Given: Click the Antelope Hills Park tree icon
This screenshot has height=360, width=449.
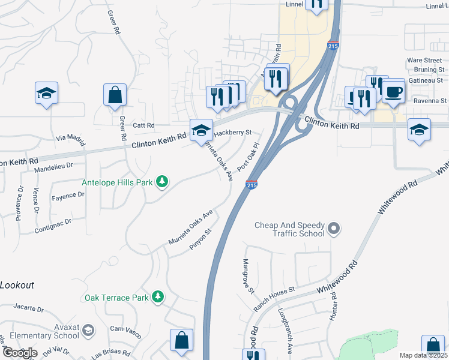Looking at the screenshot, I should point(161,181).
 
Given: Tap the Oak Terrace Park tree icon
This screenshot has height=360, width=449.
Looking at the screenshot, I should point(157,296).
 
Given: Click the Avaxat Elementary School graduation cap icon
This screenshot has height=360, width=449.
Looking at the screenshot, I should point(88,331).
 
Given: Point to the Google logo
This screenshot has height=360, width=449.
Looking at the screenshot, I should point(20,353).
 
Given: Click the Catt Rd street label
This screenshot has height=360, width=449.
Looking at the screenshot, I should point(143,125).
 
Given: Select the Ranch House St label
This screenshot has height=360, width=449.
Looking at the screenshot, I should point(274,290).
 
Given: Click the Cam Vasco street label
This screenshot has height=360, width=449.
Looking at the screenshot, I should point(125,329).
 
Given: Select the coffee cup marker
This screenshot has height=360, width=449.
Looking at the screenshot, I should point(394,91).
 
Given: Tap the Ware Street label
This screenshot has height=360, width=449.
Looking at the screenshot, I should point(424,61).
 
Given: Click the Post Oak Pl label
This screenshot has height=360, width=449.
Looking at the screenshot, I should point(247,155).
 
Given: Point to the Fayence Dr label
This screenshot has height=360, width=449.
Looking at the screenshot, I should point(68,196).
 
